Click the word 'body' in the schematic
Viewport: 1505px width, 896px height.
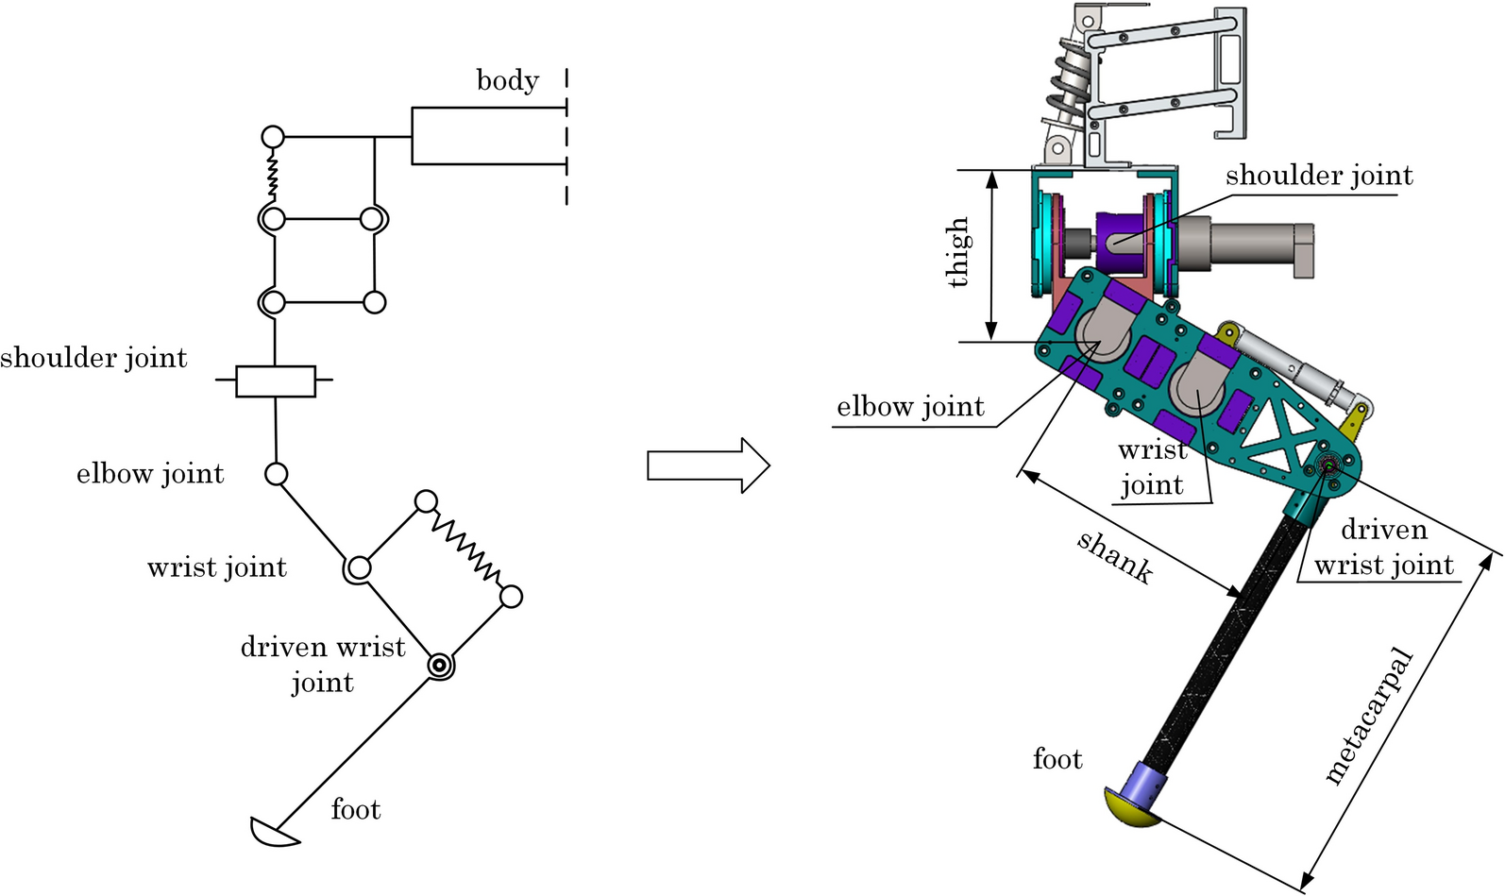point(508,80)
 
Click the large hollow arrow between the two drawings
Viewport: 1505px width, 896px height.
point(708,465)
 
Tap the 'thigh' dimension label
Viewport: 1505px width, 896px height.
point(958,252)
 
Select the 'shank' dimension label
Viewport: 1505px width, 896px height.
point(1115,558)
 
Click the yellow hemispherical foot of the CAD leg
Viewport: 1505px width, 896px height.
point(1131,809)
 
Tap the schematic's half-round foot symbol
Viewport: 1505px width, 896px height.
point(274,832)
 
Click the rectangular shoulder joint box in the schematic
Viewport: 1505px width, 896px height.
point(276,381)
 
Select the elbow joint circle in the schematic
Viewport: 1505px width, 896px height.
point(276,474)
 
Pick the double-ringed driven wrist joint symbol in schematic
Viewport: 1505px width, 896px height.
point(441,667)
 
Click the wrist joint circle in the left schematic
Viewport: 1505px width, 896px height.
point(359,568)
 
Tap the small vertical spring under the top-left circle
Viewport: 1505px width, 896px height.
point(272,174)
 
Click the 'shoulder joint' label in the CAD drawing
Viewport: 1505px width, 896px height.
point(1320,176)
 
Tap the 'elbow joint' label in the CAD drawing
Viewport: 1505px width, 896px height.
point(910,407)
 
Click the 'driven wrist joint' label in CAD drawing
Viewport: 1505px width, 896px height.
point(1384,548)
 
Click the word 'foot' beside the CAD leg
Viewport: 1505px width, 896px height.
point(1057,759)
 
